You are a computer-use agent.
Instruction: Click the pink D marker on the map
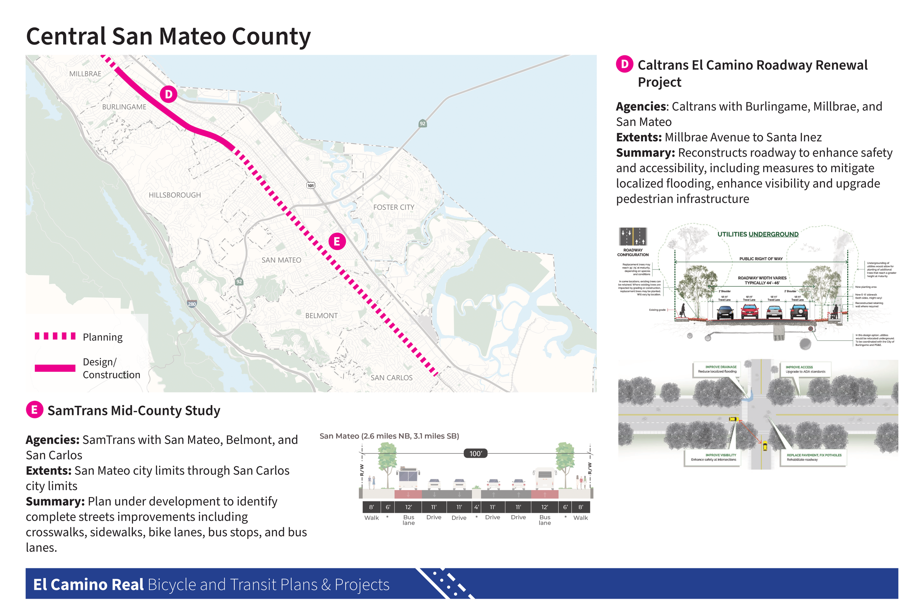(x=169, y=94)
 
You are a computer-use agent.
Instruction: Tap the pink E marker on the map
(x=337, y=241)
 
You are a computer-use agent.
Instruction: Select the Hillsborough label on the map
(x=175, y=195)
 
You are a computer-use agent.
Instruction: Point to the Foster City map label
(x=394, y=207)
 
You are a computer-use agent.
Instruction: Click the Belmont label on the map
(x=321, y=316)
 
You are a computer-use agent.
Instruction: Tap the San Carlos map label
(x=392, y=378)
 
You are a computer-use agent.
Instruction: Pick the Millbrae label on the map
(x=85, y=74)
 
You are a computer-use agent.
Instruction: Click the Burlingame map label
(x=124, y=107)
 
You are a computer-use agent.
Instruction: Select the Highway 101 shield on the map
(x=311, y=186)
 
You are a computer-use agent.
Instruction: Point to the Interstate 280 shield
(x=192, y=304)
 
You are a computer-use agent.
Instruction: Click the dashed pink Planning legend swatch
(x=55, y=336)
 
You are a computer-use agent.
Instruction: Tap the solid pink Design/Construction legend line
(x=55, y=368)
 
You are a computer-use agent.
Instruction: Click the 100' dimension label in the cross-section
(x=475, y=454)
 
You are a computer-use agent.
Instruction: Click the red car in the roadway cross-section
(x=750, y=312)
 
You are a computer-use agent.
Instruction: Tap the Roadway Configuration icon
(x=633, y=237)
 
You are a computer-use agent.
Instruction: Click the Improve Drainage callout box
(x=717, y=369)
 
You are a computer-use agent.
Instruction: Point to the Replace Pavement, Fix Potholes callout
(x=813, y=457)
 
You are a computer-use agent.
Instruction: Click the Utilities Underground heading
(x=758, y=235)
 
